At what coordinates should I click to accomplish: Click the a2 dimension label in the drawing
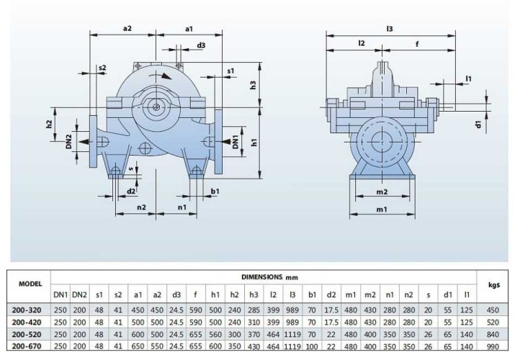click(127, 28)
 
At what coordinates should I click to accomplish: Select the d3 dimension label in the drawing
click(201, 45)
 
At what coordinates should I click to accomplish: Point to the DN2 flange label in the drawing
click(68, 141)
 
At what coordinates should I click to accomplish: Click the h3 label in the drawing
click(253, 85)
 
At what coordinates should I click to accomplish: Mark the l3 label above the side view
click(390, 28)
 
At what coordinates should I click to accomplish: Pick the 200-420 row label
click(26, 322)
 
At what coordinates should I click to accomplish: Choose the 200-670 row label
click(26, 346)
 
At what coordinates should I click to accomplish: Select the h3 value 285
click(253, 310)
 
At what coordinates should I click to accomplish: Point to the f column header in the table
click(197, 294)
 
